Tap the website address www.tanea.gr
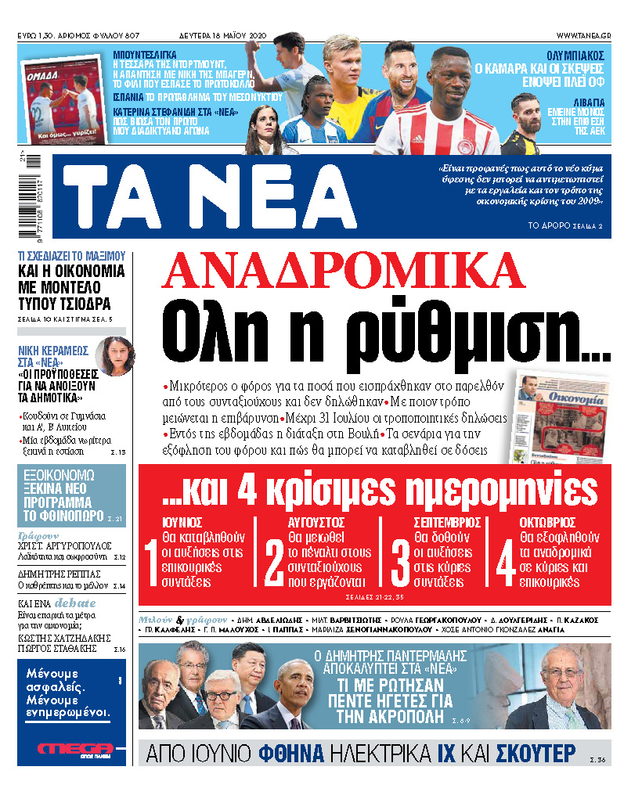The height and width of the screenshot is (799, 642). [x=583, y=36]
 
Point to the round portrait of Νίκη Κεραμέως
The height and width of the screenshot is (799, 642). [x=114, y=355]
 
